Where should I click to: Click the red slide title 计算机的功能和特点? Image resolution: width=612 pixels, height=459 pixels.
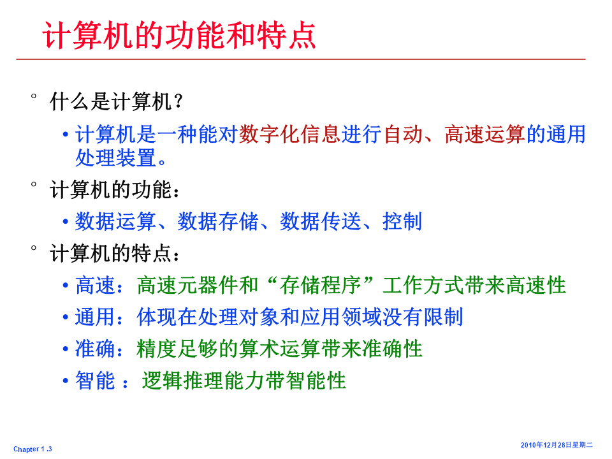coord(179,35)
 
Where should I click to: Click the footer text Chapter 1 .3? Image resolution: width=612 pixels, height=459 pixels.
coord(33,449)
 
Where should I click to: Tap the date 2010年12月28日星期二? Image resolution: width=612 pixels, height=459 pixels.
coord(557,445)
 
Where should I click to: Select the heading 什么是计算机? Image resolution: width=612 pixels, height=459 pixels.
coord(116,101)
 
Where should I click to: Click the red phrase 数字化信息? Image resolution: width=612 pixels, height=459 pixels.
coord(289,135)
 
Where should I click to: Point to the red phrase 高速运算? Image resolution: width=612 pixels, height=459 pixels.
coord(485,135)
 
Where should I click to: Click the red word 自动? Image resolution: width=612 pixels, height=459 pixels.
coord(403,135)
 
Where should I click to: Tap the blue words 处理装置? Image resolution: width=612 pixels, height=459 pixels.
coord(116,158)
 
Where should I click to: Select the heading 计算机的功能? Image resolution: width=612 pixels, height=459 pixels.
coord(115,190)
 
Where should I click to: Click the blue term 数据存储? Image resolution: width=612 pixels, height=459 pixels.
coord(218,222)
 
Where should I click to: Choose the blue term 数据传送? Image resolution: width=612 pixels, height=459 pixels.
coord(321,222)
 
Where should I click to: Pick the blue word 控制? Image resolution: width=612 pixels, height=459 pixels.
coord(402,222)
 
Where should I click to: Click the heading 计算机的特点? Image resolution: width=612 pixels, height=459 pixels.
coord(115,254)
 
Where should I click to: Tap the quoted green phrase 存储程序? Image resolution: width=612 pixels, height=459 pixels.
coord(321,286)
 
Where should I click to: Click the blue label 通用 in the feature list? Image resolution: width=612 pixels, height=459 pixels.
coord(95,317)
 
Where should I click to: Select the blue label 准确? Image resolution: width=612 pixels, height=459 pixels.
coord(95,349)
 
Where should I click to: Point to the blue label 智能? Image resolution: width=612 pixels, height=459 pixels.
coord(95,381)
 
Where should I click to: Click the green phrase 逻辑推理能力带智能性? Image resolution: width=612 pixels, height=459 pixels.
coord(244,381)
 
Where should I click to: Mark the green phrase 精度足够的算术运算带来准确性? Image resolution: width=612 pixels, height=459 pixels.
coord(279,349)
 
